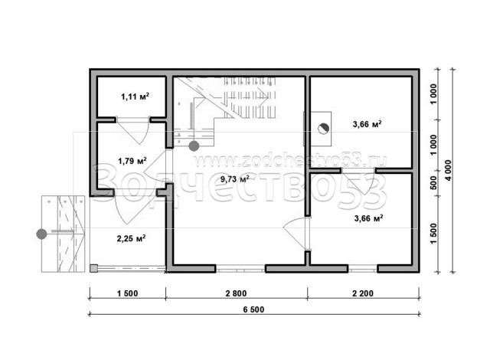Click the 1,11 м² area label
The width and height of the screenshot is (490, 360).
coord(135,97)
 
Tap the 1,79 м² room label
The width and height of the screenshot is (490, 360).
coord(132,161)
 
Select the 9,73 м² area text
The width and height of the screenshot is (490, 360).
coord(235,179)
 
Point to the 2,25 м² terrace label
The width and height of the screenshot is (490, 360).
coord(131,238)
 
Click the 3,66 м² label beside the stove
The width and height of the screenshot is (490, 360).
coord(367,124)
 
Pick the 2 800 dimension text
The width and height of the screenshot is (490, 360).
coord(236,293)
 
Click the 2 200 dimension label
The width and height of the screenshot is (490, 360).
coord(363,293)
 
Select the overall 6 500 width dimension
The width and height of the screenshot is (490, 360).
coord(253,309)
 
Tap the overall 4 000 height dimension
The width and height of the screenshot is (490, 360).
coord(449,170)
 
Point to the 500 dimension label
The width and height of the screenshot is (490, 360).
coord(433,183)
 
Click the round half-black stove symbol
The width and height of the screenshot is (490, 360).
coord(323,129)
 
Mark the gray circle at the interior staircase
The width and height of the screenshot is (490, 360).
coord(194,146)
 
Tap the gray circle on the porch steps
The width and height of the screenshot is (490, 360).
coord(41,234)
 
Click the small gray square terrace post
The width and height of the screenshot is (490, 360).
coord(93,268)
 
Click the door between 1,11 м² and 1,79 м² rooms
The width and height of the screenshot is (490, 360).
coord(132,130)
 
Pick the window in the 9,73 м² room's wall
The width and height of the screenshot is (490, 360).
coord(240,268)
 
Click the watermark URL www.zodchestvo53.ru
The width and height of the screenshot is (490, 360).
coord(290,161)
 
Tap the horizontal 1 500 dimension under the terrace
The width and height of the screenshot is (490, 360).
coord(128,293)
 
